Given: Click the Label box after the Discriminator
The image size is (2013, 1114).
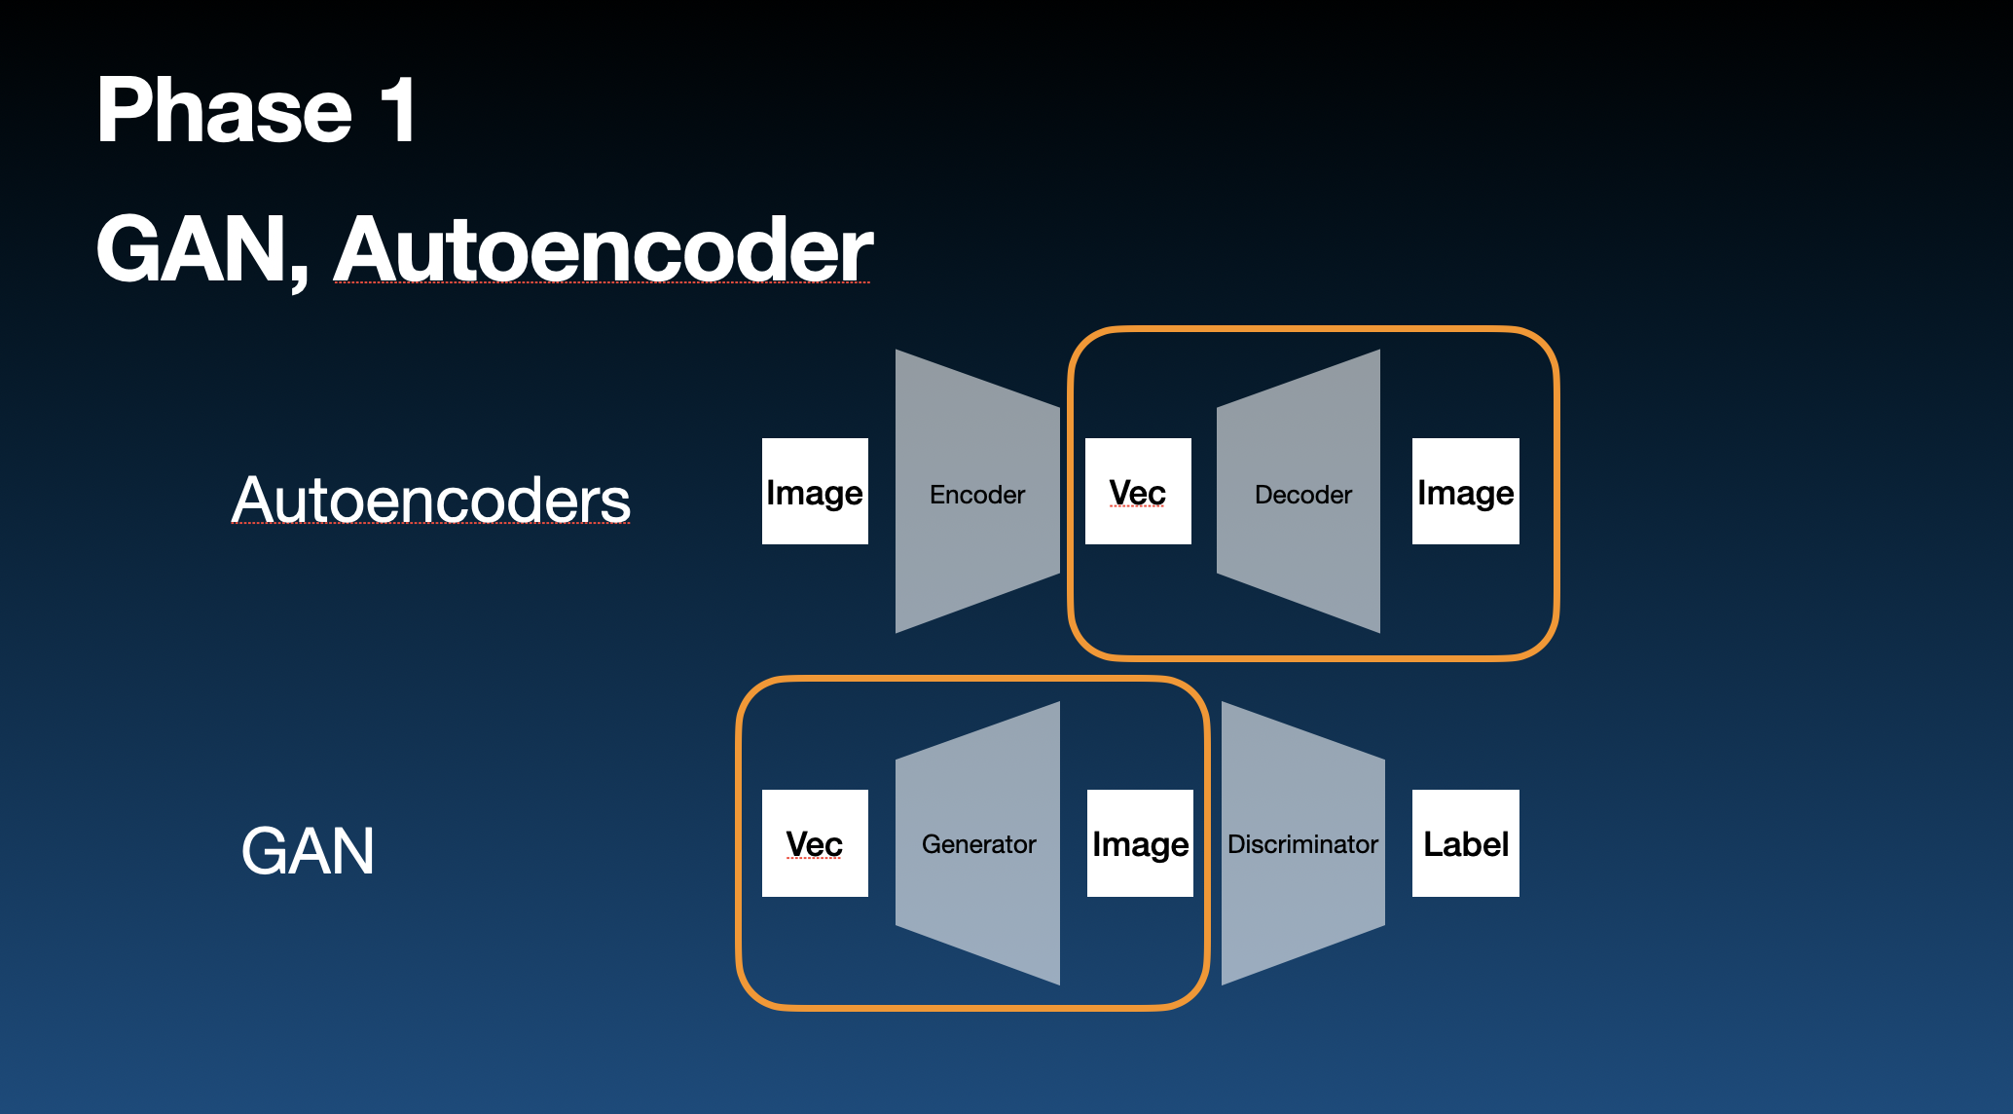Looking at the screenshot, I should pyautogui.click(x=1465, y=843).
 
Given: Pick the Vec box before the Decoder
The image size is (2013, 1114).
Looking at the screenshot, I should pyautogui.click(x=1138, y=492).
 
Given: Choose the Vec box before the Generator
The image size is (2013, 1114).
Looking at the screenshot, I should pyautogui.click(x=815, y=843).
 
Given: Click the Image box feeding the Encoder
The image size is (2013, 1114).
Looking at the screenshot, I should pyautogui.click(x=815, y=492).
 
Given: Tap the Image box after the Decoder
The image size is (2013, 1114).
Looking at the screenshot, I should pyautogui.click(x=1465, y=492).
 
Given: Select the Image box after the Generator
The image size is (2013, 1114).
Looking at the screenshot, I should pyautogui.click(x=1140, y=843).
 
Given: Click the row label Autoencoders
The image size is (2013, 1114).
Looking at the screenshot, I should pyautogui.click(x=431, y=501).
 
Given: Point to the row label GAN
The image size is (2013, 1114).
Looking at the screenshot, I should pyautogui.click(x=308, y=851).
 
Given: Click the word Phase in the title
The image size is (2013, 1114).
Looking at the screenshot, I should pyautogui.click(x=224, y=111).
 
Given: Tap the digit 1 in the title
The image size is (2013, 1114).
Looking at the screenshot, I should pyautogui.click(x=399, y=111).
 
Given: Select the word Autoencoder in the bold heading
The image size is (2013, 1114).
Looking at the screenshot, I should pyautogui.click(x=604, y=250).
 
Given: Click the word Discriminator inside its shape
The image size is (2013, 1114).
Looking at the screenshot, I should pyautogui.click(x=1302, y=844).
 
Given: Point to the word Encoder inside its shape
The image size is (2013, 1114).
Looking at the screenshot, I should pyautogui.click(x=977, y=495).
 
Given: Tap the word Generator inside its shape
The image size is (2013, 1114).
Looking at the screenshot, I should pyautogui.click(x=978, y=844).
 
